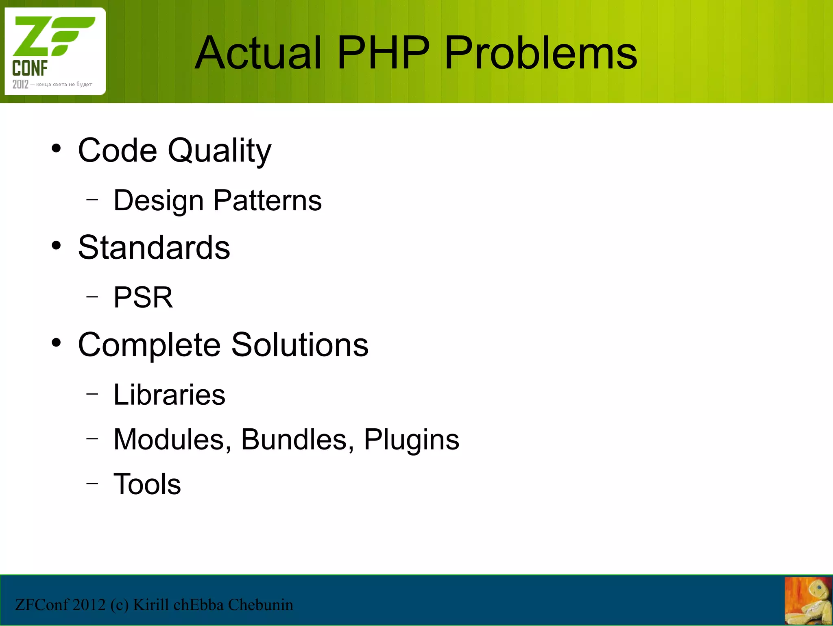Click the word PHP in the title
coord(383,53)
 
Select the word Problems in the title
coord(541,53)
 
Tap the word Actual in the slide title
coord(259,53)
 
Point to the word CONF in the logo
coord(30,68)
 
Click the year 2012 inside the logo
coord(20,85)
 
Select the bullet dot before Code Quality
coord(56,148)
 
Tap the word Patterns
coord(267,201)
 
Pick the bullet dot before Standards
coord(56,246)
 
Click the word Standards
coord(154,247)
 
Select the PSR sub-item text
coord(143,297)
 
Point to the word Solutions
coord(300,345)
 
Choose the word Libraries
coord(169,395)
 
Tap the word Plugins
coord(411,440)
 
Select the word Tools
coord(147,484)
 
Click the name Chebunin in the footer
coord(260,605)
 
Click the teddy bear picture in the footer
coord(808,601)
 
